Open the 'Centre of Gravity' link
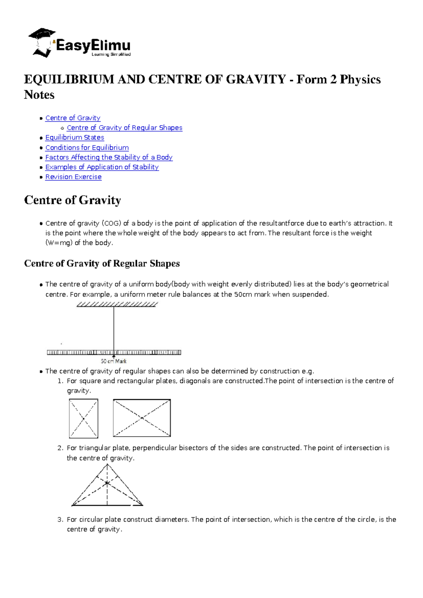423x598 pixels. click(x=73, y=118)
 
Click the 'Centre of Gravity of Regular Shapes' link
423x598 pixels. click(x=124, y=128)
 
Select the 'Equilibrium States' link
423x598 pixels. click(x=75, y=138)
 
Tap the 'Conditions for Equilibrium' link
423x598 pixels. click(x=87, y=147)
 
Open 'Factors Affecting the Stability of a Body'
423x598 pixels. click(x=109, y=157)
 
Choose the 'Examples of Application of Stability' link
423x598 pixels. click(x=102, y=167)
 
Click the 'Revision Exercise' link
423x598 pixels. click(x=73, y=177)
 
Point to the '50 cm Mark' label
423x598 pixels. click(x=114, y=361)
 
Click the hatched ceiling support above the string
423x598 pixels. click(x=117, y=304)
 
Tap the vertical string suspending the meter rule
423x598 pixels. click(x=114, y=328)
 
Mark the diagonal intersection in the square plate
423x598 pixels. click(x=84, y=419)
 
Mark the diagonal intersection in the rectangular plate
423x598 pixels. click(x=142, y=418)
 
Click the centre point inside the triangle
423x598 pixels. click(x=107, y=483)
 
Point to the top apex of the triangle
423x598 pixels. click(x=107, y=465)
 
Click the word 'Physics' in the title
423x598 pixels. click(x=360, y=79)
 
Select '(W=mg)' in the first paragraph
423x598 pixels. click(x=59, y=243)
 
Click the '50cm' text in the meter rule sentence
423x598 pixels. click(x=243, y=294)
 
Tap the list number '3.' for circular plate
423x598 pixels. click(x=60, y=519)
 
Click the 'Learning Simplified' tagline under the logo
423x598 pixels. click(x=111, y=54)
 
